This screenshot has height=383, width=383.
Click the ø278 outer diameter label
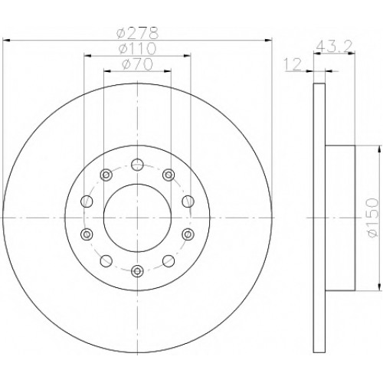137,33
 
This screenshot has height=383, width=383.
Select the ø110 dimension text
137,48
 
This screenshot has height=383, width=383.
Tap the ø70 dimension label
137,64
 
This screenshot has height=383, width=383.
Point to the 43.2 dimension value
334,46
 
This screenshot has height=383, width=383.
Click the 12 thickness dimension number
293,64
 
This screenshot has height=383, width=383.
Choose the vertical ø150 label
372,218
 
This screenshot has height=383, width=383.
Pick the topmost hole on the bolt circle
137,165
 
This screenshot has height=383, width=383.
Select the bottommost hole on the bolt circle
137,271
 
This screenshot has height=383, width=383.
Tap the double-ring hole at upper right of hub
169,175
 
